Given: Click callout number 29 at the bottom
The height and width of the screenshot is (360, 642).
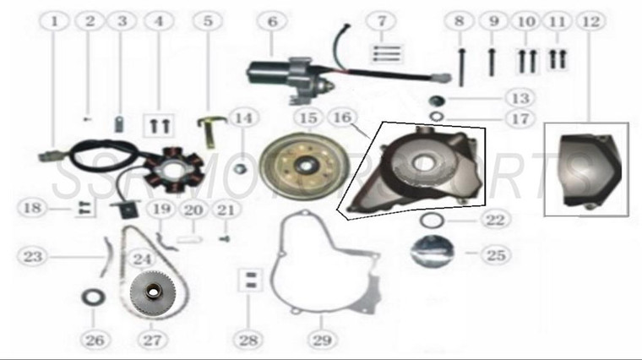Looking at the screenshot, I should pyautogui.click(x=320, y=341).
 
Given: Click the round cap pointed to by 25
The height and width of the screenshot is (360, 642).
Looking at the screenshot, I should pyautogui.click(x=427, y=252).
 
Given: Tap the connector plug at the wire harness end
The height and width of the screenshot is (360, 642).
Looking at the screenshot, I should pyautogui.click(x=52, y=155).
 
